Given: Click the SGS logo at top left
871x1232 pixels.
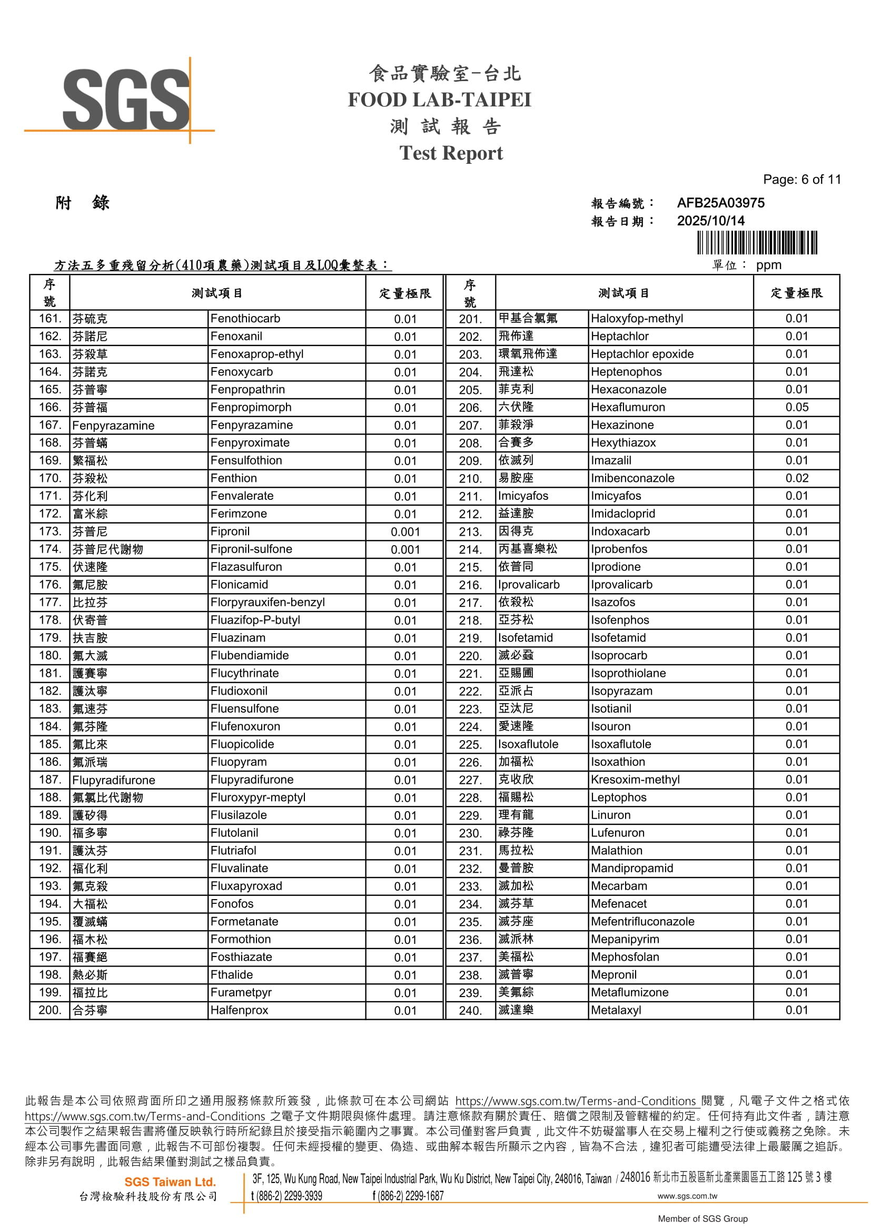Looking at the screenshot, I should coord(126,100).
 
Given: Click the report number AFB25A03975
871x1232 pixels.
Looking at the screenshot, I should coord(720,203).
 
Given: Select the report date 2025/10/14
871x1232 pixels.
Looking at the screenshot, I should coord(710,221).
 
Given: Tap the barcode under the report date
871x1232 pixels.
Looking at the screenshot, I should coord(757,242).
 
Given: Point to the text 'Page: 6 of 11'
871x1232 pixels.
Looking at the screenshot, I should coord(801,180).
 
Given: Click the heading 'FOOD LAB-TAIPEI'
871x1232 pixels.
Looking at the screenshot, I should coord(439,100).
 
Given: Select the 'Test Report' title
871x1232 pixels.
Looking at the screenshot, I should coord(451,153).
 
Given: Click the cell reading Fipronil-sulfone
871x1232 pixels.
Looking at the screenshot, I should coord(251,549).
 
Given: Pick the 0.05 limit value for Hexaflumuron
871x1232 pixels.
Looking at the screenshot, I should coord(796,407).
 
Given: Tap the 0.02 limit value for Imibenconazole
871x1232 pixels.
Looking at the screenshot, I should coord(796,478).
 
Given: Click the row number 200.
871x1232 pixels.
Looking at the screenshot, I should coord(50,1010).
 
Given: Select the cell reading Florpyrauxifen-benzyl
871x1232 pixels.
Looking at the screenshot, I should coord(267,602).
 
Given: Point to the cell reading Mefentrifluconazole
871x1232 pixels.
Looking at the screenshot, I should coord(642,921).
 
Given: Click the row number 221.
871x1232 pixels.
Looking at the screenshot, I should coord(470,674).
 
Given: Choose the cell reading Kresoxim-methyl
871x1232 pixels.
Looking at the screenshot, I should coord(635,780).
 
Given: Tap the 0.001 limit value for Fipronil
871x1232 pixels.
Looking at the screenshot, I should coord(405,532).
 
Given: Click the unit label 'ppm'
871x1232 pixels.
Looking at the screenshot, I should coord(768,265).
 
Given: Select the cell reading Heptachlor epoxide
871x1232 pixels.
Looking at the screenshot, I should coord(642,354).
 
